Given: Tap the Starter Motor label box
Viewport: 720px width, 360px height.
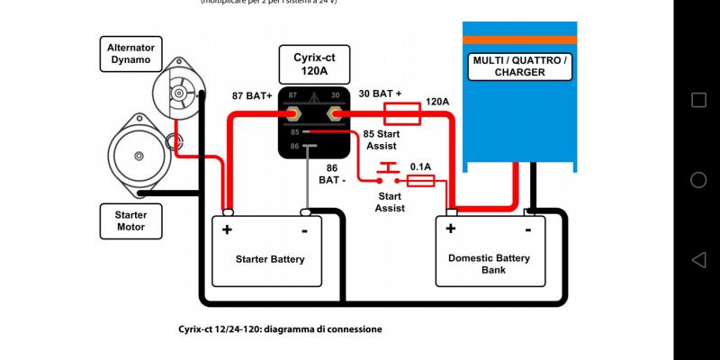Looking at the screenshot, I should pyautogui.click(x=130, y=220).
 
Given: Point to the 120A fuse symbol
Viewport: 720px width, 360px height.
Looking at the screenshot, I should pyautogui.click(x=401, y=113).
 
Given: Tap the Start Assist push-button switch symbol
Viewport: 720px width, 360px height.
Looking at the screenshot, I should pyautogui.click(x=388, y=172).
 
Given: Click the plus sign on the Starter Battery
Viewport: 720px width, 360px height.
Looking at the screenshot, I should pyautogui.click(x=227, y=229).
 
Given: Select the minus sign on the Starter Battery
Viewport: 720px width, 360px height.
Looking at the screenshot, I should pyautogui.click(x=305, y=229).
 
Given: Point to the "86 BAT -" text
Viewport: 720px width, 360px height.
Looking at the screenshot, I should pyautogui.click(x=332, y=174).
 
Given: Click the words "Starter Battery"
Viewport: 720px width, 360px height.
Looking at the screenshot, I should pyautogui.click(x=270, y=259).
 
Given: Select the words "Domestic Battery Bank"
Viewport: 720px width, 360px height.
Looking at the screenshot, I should pyautogui.click(x=489, y=263).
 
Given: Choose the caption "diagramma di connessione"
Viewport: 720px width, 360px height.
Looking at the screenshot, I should pyautogui.click(x=320, y=329).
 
